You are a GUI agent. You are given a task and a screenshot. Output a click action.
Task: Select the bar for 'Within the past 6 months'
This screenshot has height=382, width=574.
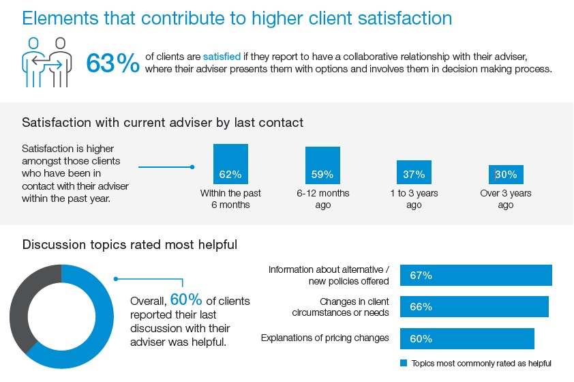pos(230,164)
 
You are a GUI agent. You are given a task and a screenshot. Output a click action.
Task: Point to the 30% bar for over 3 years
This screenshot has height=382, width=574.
pos(506,175)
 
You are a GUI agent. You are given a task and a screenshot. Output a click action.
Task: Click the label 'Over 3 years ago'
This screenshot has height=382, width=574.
pos(506,199)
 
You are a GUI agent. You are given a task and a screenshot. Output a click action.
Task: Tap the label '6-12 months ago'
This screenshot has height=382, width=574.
pos(323,199)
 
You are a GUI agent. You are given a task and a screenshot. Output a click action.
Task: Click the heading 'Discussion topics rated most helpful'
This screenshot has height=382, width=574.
pos(130,244)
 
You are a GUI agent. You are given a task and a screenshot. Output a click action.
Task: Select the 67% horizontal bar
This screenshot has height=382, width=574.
pos(476,276)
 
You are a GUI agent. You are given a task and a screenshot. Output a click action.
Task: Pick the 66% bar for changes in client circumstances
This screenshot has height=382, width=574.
pos(474,307)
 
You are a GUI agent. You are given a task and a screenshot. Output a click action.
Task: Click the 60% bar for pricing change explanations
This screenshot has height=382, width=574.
pos(467,338)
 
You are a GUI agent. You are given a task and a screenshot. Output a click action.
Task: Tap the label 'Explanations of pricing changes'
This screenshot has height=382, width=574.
pos(325,338)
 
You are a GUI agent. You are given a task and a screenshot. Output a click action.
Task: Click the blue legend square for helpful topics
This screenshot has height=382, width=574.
pos(404,363)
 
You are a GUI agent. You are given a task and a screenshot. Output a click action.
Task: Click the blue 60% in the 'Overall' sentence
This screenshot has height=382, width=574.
pos(186,299)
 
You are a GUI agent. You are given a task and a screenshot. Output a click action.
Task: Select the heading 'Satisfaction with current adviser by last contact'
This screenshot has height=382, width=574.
pos(162,123)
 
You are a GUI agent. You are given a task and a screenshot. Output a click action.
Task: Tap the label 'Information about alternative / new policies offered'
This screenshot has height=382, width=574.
pos(329,275)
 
